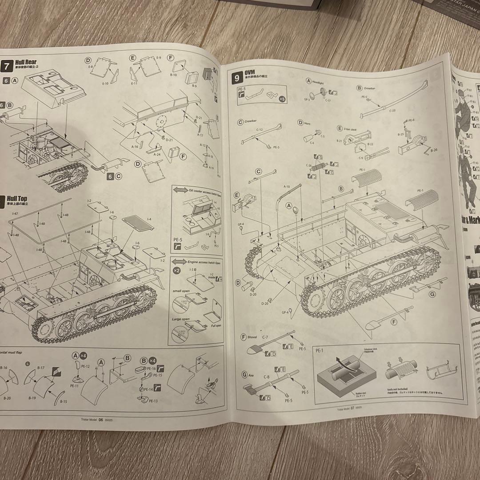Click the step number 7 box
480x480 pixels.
click(x=7, y=66)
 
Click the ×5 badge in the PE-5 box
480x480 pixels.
click(x=282, y=99)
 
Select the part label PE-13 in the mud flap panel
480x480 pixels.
click(x=153, y=400)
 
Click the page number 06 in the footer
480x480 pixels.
click(x=101, y=420)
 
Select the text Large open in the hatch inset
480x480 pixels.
click(x=180, y=319)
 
